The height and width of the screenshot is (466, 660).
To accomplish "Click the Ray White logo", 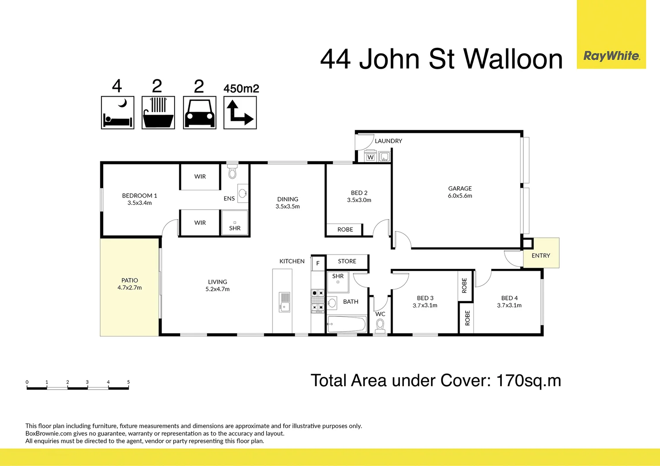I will tap(611, 56).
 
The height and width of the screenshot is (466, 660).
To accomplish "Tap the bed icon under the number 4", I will tap(117, 113).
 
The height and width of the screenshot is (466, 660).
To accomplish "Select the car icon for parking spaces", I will tap(200, 113).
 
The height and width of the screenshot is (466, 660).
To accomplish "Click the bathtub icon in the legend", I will tap(158, 113).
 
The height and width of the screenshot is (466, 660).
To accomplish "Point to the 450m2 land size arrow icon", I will tap(240, 113).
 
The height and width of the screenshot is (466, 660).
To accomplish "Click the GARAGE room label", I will tap(460, 189).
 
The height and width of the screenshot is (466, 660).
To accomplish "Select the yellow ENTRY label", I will tap(541, 255).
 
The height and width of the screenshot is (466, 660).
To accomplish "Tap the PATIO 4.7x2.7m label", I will tap(130, 284).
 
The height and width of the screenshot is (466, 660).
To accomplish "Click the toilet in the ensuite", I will tap(232, 171).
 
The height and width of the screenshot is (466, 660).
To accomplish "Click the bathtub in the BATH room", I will tap(347, 324).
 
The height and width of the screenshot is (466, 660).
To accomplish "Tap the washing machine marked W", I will tap(370, 157).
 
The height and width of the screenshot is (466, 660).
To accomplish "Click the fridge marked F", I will tap(318, 263).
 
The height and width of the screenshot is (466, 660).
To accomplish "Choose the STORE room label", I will tap(347, 261).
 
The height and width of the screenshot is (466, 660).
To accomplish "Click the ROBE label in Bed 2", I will tap(345, 230).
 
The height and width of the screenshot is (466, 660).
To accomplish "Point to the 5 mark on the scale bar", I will tap(128, 382).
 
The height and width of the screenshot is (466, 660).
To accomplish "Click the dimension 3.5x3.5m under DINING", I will tap(288, 207).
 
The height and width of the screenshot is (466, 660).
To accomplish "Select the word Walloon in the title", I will tap(513, 59).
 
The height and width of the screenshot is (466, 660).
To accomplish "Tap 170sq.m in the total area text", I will tap(528, 381).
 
